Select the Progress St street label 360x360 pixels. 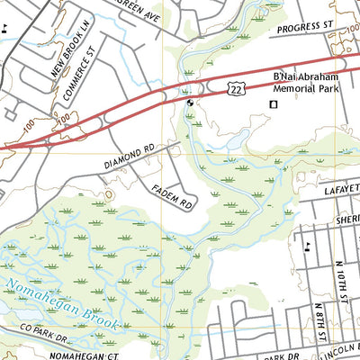tap(304, 29)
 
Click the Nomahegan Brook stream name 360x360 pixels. tap(54, 297)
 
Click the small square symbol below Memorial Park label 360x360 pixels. tap(274, 106)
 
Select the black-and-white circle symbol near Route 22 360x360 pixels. tap(190, 103)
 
